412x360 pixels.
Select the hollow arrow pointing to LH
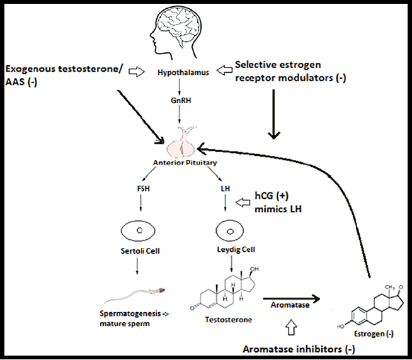point(243,202)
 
